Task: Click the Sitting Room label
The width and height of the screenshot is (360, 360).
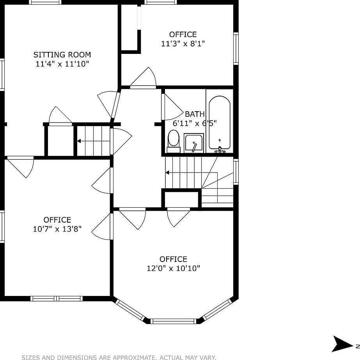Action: [62, 55]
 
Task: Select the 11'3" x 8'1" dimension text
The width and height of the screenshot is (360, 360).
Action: [183, 44]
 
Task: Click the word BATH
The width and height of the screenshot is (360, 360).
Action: [195, 114]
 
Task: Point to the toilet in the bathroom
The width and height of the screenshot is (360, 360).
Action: [174, 141]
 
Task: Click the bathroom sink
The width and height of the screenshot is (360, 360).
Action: [194, 143]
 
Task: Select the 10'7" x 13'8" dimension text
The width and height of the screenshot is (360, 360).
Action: [57, 229]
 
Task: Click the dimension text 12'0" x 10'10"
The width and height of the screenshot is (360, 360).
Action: [174, 268]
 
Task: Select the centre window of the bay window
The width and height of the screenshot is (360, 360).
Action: [173, 321]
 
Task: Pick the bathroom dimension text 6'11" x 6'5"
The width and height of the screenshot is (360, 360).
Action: [195, 123]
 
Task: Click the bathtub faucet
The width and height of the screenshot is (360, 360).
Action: [220, 149]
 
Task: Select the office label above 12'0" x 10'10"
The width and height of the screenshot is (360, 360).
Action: [174, 259]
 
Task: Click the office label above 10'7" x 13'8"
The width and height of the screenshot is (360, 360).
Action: [57, 220]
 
